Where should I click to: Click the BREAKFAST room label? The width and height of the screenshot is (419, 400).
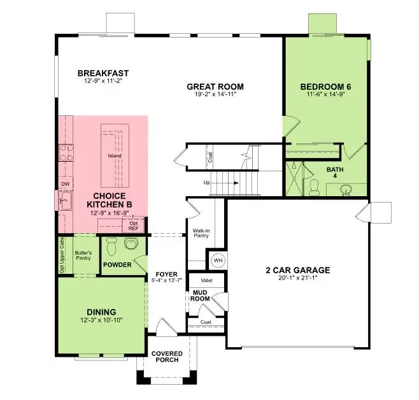click(99, 73)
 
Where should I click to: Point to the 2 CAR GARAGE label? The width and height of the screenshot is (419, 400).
click(298, 270)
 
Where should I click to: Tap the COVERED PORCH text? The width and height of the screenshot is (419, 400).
click(166, 357)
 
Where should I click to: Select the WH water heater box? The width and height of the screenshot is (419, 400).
click(217, 260)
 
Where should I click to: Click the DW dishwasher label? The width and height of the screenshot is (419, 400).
click(64, 184)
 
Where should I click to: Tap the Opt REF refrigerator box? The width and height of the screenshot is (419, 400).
click(134, 225)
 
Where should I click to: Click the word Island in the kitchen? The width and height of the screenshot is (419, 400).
click(115, 155)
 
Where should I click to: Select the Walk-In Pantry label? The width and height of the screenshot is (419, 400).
click(202, 234)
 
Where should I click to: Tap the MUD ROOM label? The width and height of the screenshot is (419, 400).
click(201, 296)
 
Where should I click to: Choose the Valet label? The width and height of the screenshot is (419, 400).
click(206, 280)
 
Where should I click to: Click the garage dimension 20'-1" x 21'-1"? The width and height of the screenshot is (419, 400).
click(298, 278)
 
